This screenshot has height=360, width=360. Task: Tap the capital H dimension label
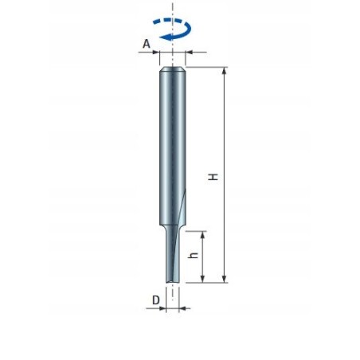coord(213,177)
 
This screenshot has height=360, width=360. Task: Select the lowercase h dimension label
coord(192,258)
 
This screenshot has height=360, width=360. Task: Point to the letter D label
coord(156,301)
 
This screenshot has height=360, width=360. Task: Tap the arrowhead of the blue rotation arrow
coord(162,37)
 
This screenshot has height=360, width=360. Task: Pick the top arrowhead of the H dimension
coord(225,72)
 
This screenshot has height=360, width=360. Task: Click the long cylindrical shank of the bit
coord(173,143)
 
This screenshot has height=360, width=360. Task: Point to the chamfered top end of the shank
coord(173,70)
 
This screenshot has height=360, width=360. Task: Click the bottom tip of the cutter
coord(173,281)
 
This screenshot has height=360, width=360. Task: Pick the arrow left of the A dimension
coord(155,53)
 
